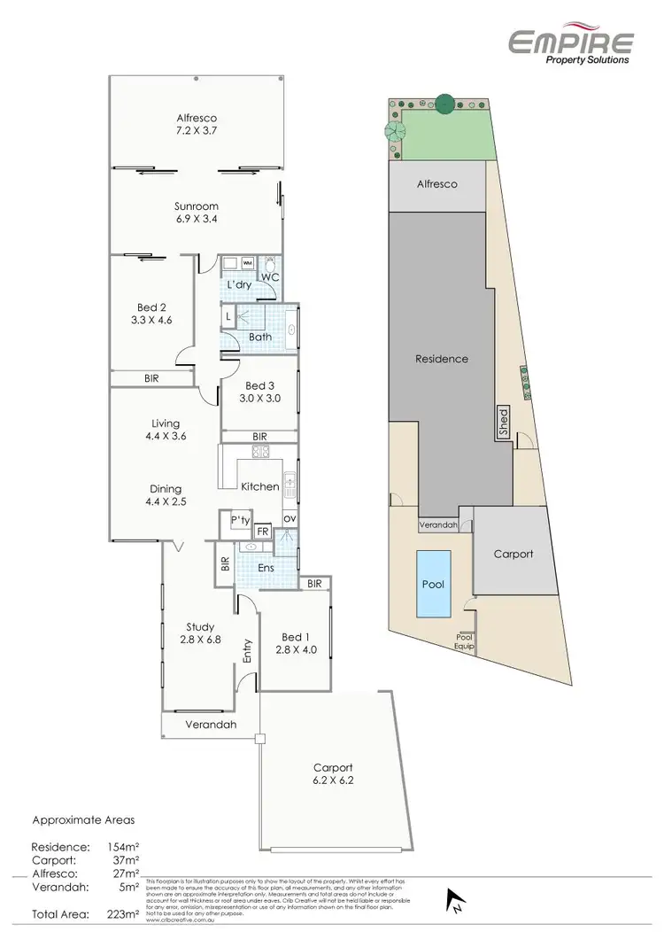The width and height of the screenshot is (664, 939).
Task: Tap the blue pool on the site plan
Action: (x=433, y=585)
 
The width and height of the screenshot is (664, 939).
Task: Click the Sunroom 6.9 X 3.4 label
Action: (x=196, y=214)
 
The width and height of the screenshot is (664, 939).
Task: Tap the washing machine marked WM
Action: (x=248, y=263)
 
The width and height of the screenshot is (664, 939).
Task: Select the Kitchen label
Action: (x=260, y=486)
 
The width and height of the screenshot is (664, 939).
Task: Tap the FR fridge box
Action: (x=262, y=532)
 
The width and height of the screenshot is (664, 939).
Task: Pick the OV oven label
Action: (x=290, y=518)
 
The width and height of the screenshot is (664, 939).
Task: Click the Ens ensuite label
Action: (x=266, y=568)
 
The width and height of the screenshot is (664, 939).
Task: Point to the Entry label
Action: (x=247, y=650)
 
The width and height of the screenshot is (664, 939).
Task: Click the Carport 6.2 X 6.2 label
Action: (x=333, y=775)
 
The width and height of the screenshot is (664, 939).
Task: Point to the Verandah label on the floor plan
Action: (x=210, y=724)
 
